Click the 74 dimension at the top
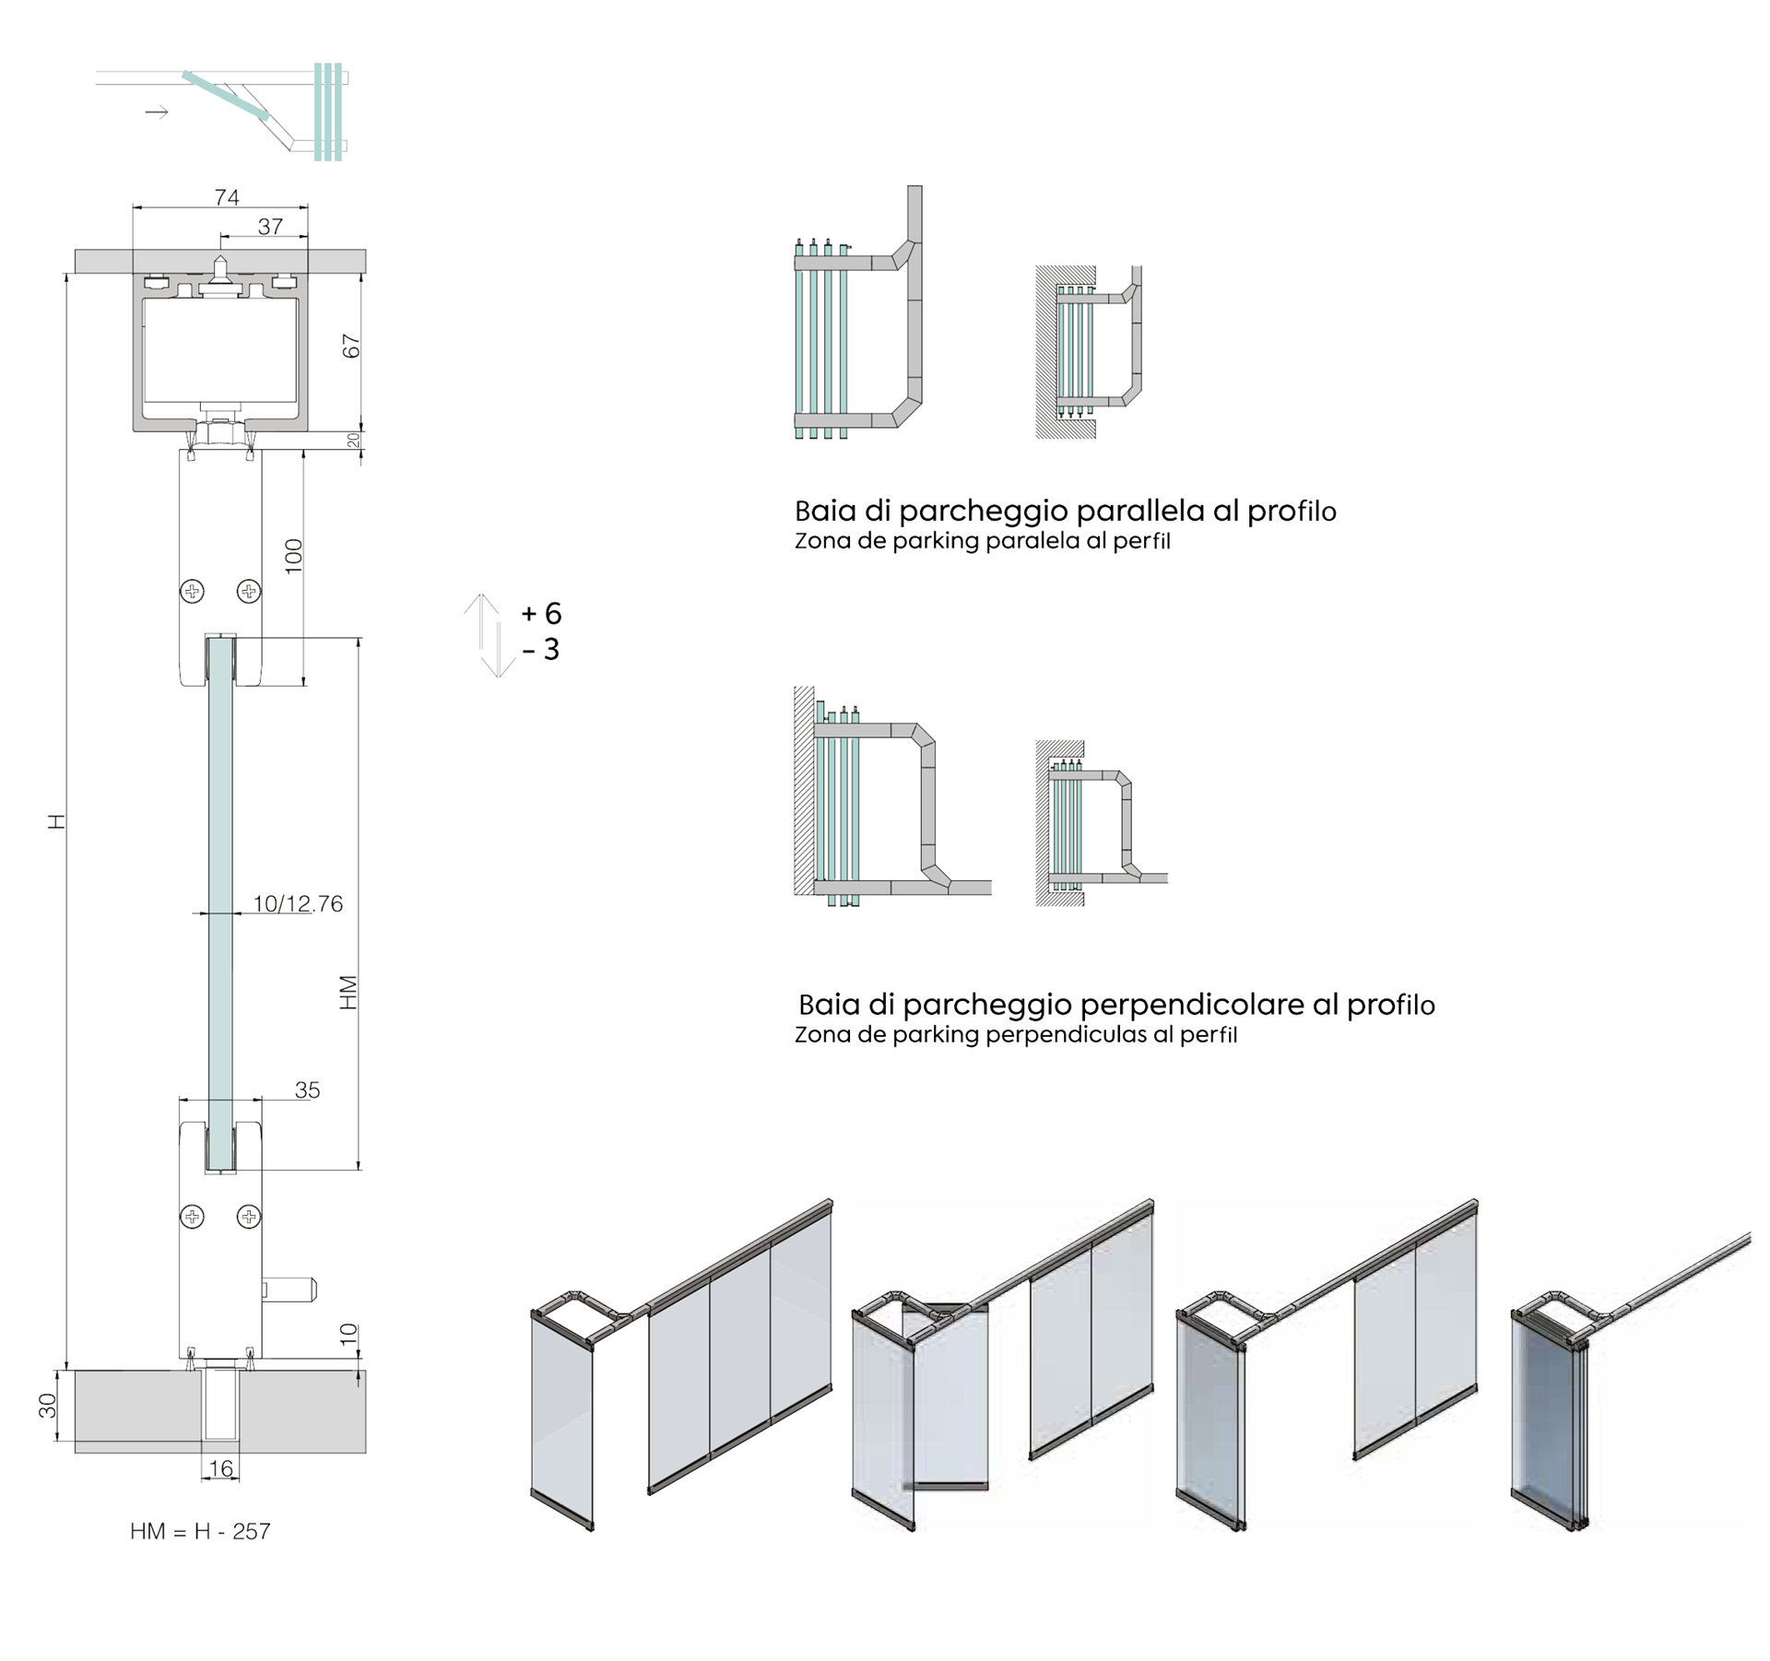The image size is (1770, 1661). pyautogui.click(x=227, y=197)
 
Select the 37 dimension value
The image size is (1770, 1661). pyautogui.click(x=270, y=227)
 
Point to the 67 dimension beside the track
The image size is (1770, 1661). pyautogui.click(x=351, y=347)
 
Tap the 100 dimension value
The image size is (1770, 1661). pyautogui.click(x=294, y=556)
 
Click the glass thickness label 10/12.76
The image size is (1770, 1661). pyautogui.click(x=298, y=904)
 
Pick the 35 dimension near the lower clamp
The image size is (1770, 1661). pyautogui.click(x=307, y=1090)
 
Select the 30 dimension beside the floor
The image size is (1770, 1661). pyautogui.click(x=48, y=1406)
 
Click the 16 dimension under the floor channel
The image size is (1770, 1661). pyautogui.click(x=221, y=1468)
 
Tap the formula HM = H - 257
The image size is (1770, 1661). pyautogui.click(x=200, y=1531)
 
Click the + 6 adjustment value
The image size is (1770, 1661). pyautogui.click(x=542, y=613)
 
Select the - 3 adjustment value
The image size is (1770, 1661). pyautogui.click(x=541, y=650)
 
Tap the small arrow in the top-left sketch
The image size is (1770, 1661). pyautogui.click(x=157, y=112)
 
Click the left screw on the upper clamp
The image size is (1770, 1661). pyautogui.click(x=192, y=591)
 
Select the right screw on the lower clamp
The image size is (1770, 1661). pyautogui.click(x=249, y=1217)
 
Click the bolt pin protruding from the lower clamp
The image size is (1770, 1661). pyautogui.click(x=289, y=1290)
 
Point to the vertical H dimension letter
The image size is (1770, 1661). pyautogui.click(x=57, y=821)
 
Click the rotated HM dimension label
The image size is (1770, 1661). pyautogui.click(x=348, y=993)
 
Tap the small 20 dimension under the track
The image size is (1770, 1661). pyautogui.click(x=353, y=441)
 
